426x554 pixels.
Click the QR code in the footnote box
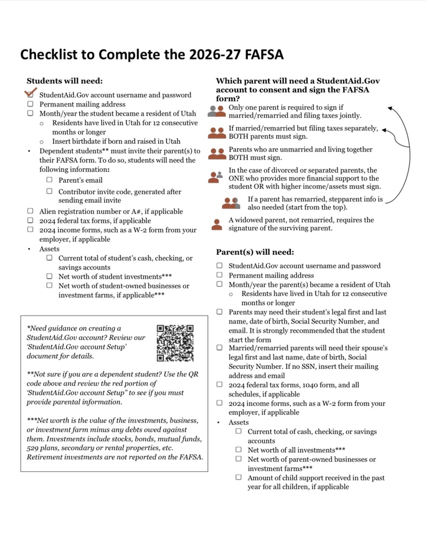point(175,343)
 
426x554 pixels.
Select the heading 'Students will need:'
point(64,81)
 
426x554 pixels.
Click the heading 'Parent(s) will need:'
point(255,252)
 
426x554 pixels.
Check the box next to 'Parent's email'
point(49,180)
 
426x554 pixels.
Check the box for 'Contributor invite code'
point(49,191)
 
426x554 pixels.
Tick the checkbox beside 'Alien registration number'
point(30,211)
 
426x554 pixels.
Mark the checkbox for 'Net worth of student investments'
point(49,276)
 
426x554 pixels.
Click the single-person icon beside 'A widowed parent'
point(217,224)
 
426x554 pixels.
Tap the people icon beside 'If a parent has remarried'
point(231,203)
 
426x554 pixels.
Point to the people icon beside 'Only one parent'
point(217,111)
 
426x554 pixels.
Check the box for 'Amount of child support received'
point(239,478)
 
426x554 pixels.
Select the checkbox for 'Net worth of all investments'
point(239,450)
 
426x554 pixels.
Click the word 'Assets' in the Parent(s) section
point(239,422)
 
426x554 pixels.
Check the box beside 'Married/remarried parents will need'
point(220,348)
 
